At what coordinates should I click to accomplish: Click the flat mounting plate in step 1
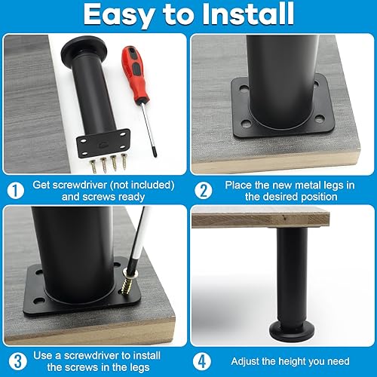click(x=106, y=141)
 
